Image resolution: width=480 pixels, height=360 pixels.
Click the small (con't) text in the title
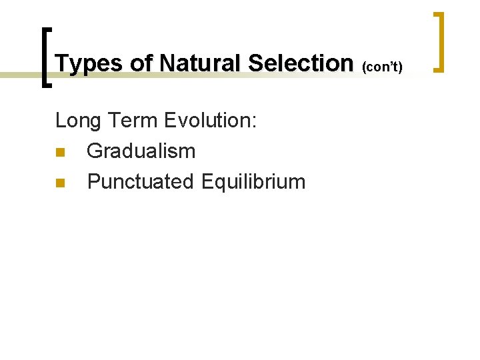[382, 66]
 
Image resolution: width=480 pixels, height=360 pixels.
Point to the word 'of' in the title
[141, 63]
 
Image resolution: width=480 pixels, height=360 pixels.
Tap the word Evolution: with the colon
[211, 121]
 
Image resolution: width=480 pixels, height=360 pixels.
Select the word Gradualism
[141, 151]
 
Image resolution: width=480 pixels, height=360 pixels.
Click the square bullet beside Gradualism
[59, 152]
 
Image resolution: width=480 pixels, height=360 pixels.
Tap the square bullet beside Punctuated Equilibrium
[59, 182]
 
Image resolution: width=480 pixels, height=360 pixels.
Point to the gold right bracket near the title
[439, 41]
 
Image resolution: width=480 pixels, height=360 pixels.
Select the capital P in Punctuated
[93, 181]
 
